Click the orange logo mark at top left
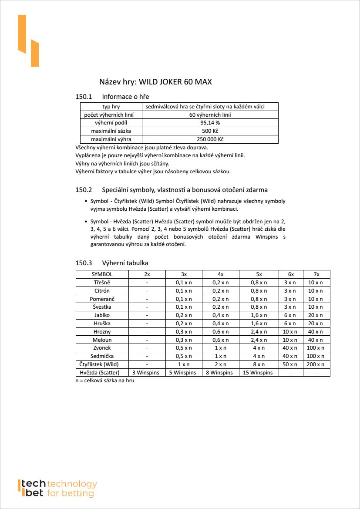pos(28,40)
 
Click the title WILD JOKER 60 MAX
pos(156,82)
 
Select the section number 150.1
pos(84,96)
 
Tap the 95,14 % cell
pos(210,123)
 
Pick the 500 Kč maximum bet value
pos(210,131)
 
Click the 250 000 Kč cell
pos(210,139)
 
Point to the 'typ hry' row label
pos(111,107)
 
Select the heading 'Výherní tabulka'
pos(125,263)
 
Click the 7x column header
pos(316,274)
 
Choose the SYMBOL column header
pos(102,274)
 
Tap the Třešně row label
pos(102,283)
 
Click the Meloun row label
pos(102,340)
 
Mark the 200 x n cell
pos(316,364)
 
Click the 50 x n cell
pos(290,364)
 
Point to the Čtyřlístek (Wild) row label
pos(102,364)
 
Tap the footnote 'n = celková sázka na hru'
pos(105,381)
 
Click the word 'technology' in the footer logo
pos(72,484)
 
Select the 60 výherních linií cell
pos(210,115)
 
